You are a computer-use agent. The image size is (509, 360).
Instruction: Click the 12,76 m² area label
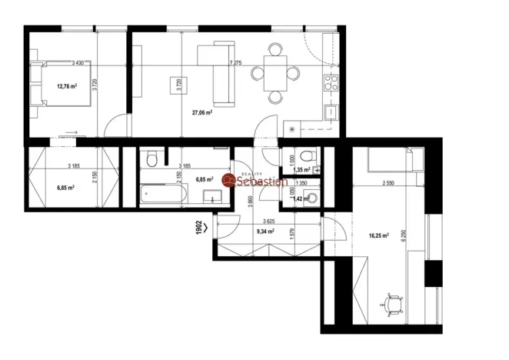67,86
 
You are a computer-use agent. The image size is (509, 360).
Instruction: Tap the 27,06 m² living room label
201,112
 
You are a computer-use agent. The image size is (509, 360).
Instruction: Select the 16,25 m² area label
378,237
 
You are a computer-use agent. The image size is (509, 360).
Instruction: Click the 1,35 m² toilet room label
301,170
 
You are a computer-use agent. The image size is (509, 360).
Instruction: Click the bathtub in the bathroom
163,195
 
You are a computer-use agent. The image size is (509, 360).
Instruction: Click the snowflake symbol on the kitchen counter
292,128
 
